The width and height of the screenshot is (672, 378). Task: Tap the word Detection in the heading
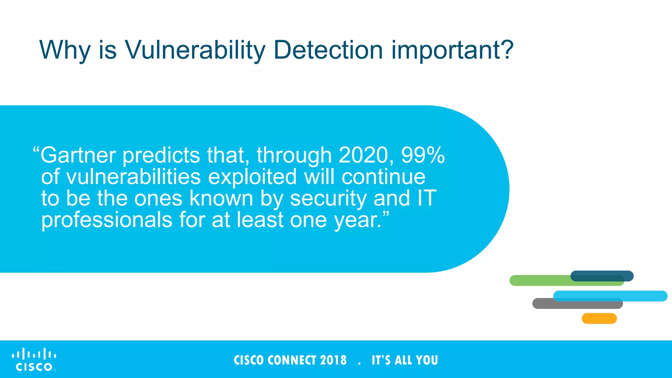click(328, 50)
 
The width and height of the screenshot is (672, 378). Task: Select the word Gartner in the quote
click(78, 155)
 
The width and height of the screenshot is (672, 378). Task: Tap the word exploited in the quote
click(252, 177)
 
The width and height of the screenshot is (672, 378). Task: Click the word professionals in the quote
click(107, 220)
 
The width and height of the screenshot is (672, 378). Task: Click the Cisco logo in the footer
click(34, 360)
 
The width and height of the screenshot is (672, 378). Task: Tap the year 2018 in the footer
click(333, 360)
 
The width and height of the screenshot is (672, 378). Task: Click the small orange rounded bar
click(599, 319)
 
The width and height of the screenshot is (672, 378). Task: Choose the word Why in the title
click(65, 50)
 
